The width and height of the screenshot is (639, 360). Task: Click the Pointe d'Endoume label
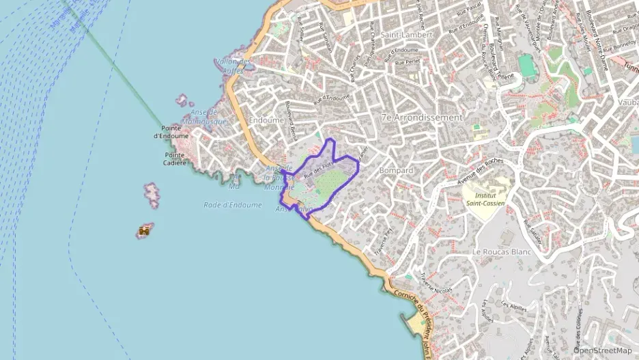point(175,132)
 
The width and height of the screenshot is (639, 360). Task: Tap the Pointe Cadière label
point(174,158)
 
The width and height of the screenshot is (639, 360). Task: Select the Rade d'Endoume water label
point(233,205)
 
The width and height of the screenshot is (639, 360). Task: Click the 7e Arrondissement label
point(422,117)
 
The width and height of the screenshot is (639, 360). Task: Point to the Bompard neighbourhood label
point(397,170)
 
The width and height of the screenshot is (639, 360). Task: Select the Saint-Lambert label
point(406,34)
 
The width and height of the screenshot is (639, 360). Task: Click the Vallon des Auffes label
point(233,66)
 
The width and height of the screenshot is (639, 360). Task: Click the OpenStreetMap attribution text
point(602,350)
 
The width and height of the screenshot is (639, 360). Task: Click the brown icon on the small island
point(144,232)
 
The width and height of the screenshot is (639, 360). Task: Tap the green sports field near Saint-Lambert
point(526,66)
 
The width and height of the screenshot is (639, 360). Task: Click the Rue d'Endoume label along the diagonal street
point(330,100)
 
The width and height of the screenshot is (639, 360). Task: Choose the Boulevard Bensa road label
point(292,121)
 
